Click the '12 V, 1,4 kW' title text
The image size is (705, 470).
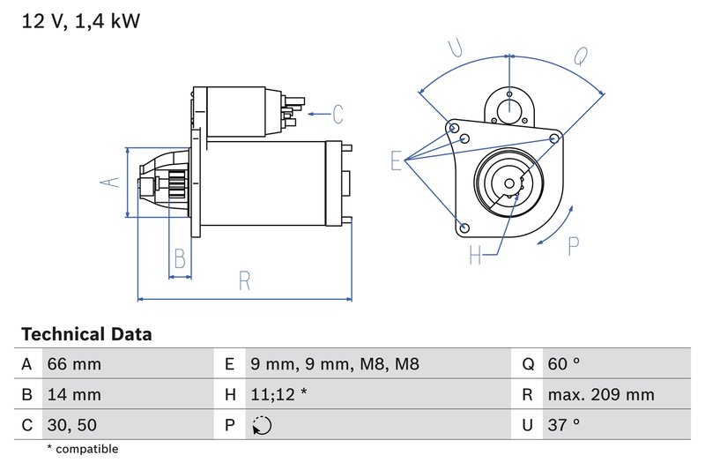pyautogui.click(x=80, y=20)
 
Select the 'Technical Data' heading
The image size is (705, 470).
pyautogui.click(x=86, y=335)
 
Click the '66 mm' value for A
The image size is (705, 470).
pyautogui.click(x=74, y=364)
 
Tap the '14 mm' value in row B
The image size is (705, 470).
pyautogui.click(x=74, y=394)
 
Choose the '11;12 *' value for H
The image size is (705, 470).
pyautogui.click(x=278, y=394)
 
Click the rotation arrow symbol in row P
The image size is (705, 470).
pyautogui.click(x=262, y=425)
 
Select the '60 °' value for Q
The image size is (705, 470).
pyautogui.click(x=565, y=364)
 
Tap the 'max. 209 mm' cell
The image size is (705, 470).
pyautogui.click(x=600, y=394)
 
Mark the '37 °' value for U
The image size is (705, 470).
pyautogui.click(x=564, y=424)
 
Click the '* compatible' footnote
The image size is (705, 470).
pyautogui.click(x=82, y=450)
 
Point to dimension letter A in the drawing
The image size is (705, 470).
pyautogui.click(x=109, y=182)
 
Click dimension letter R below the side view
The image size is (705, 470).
pyautogui.click(x=245, y=280)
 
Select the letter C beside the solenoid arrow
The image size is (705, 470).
pyautogui.click(x=337, y=114)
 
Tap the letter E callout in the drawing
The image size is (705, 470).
pyautogui.click(x=397, y=160)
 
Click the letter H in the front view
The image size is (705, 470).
pyautogui.click(x=476, y=256)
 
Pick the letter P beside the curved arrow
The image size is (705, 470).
pyautogui.click(x=573, y=247)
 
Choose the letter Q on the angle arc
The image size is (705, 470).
pyautogui.click(x=581, y=56)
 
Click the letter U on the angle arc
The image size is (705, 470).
pyautogui.click(x=456, y=48)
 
